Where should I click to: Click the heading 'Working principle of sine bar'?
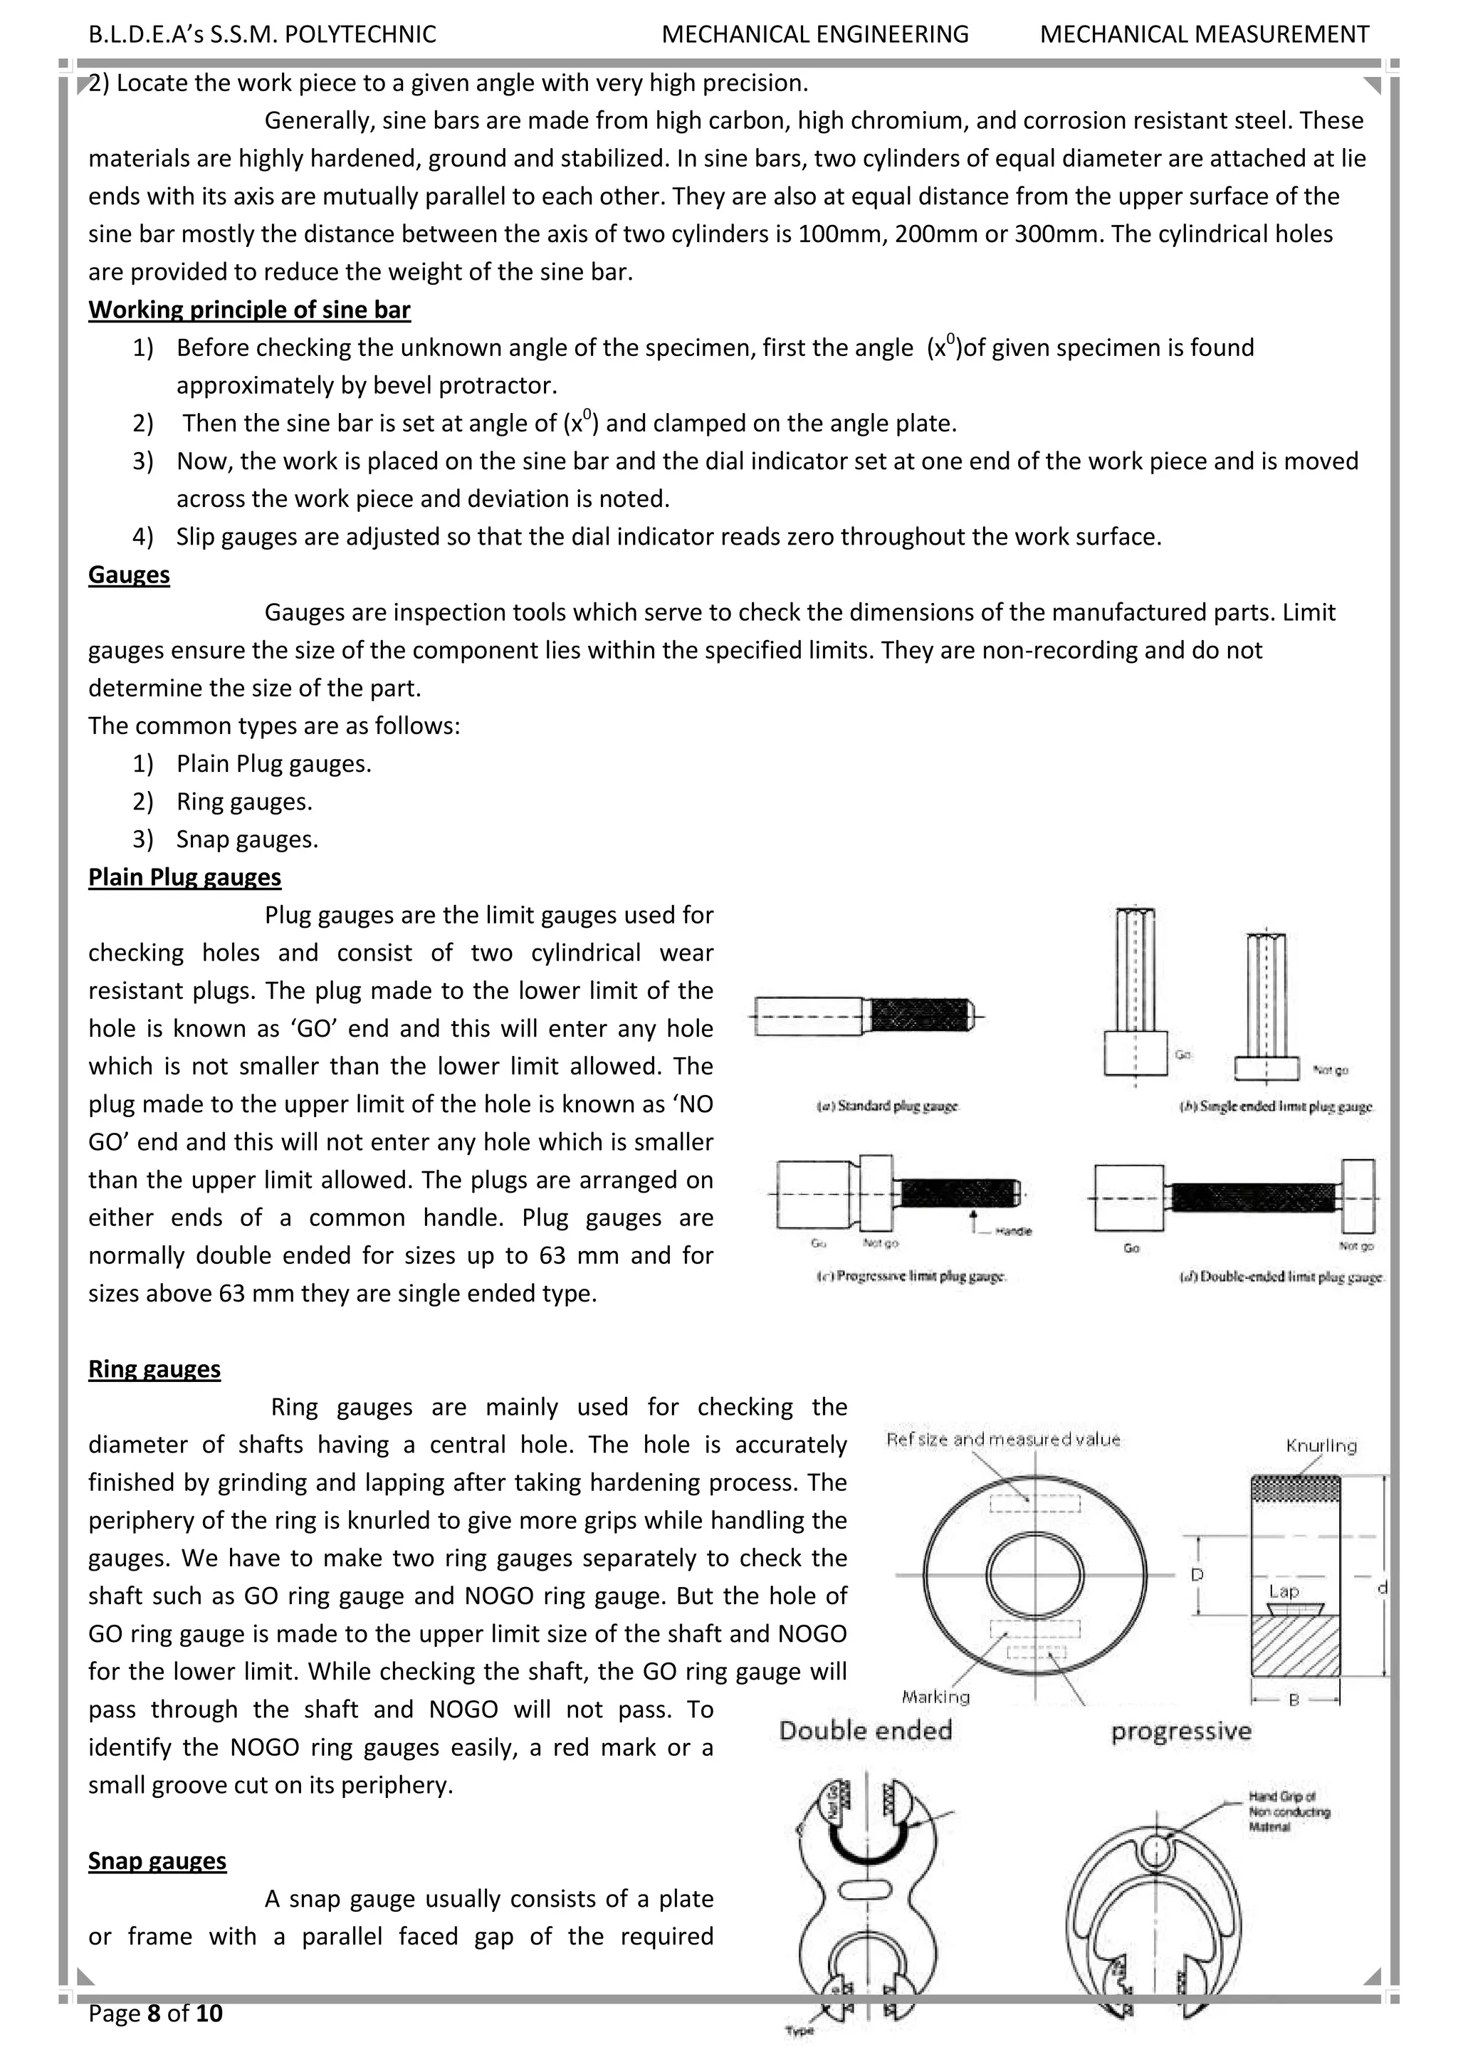click(x=248, y=310)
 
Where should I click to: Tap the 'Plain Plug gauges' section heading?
click(x=184, y=877)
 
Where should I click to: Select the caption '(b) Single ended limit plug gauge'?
click(x=1276, y=1107)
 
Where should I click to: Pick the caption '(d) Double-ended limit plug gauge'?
click(x=1282, y=1276)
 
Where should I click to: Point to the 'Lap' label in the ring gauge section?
click(x=1284, y=1591)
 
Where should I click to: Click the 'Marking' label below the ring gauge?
click(x=935, y=1697)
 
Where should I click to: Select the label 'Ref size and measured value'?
click(x=1003, y=1440)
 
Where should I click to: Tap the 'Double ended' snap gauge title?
click(x=866, y=1731)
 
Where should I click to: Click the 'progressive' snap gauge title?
click(x=1180, y=1732)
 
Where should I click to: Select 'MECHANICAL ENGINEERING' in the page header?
click(x=815, y=34)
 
